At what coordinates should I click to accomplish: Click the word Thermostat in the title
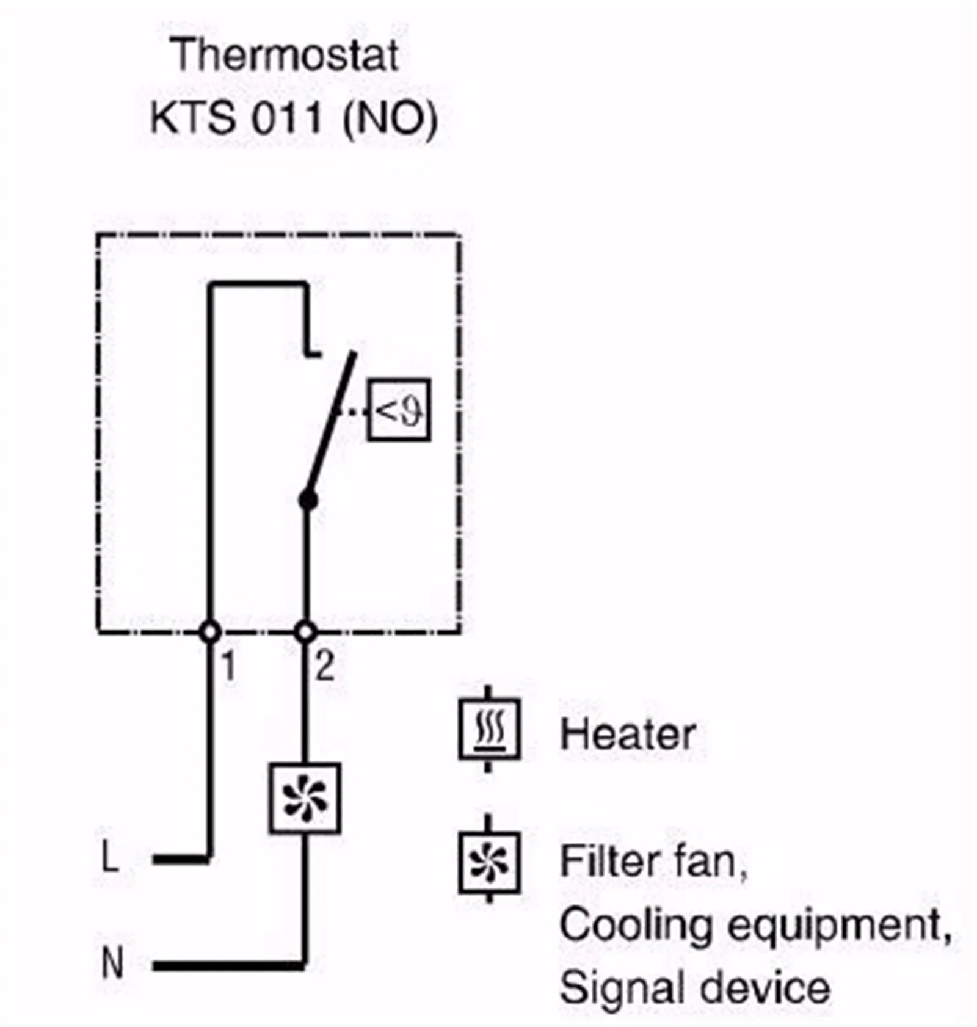[x=285, y=55]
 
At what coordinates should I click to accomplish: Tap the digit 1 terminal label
[x=228, y=666]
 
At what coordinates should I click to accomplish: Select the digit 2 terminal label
[x=325, y=666]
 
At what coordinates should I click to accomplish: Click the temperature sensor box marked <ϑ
[x=399, y=410]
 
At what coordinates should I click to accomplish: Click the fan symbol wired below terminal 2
[x=305, y=798]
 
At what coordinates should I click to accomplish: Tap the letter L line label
[x=110, y=857]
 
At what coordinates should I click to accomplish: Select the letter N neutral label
[x=112, y=963]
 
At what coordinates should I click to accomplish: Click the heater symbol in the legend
[x=489, y=729]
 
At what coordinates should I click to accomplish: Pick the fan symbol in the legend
[x=489, y=862]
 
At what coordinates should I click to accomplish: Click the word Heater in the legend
[x=628, y=734]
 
